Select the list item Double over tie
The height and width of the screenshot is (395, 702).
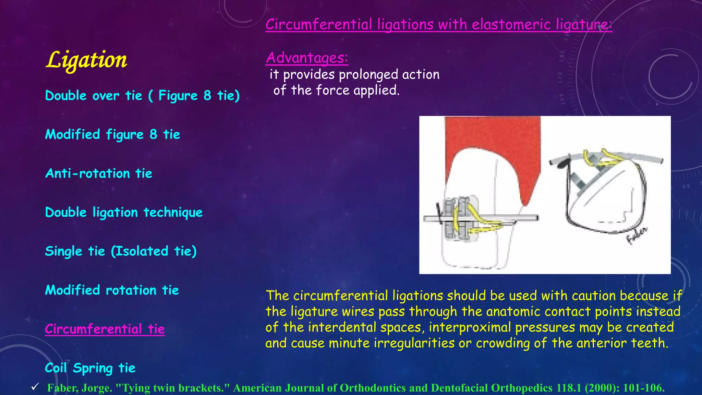click(142, 96)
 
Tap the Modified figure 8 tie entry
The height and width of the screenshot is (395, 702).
click(112, 134)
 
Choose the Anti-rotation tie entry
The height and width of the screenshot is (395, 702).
click(99, 173)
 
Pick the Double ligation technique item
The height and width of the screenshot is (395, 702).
click(124, 213)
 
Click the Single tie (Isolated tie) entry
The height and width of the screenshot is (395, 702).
click(121, 251)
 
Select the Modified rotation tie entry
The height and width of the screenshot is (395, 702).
click(112, 290)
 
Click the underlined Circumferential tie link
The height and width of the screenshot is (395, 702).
click(105, 329)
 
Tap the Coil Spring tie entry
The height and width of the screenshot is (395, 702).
click(90, 368)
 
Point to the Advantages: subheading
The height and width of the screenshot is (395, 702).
click(307, 58)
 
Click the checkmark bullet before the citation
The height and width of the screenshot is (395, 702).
click(35, 387)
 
